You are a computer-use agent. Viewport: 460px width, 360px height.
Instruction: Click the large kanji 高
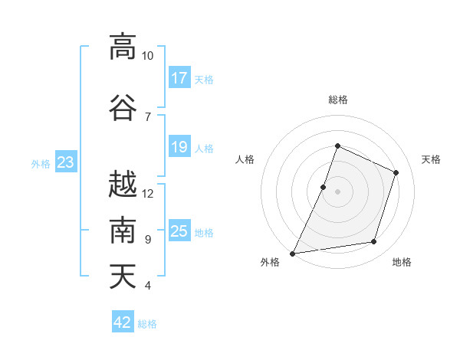coord(123,47)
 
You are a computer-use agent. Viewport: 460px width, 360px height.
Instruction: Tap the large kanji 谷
coord(123,107)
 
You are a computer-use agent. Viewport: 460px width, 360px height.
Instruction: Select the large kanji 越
coord(123,184)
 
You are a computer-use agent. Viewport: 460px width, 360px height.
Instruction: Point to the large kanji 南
coord(123,230)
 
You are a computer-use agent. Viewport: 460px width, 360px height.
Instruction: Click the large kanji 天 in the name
coord(123,276)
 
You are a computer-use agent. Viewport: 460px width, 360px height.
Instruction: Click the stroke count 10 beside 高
coord(147,56)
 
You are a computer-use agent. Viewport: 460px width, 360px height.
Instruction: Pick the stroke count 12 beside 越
coord(147,194)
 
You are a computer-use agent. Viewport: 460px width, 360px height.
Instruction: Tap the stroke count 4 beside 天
coord(148,285)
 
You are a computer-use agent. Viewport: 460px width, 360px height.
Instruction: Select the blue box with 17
coord(179,77)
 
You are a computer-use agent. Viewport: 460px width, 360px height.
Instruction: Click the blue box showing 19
coord(179,146)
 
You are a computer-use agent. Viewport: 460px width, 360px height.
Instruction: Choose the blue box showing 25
coord(179,230)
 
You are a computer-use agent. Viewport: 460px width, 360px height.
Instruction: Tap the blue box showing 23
coord(66,162)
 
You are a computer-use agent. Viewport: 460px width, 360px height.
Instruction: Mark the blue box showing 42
coord(123,321)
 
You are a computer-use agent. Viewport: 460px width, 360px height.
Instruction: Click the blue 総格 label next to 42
coord(147,324)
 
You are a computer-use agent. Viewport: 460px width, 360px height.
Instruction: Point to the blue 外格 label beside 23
coord(41,164)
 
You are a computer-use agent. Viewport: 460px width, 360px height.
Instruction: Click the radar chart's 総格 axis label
coord(338,100)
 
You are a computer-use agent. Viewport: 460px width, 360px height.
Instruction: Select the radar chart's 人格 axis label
coord(245,159)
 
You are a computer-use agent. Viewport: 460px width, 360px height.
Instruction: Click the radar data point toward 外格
coord(292,254)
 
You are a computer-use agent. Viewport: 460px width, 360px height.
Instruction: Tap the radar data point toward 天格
coord(396,172)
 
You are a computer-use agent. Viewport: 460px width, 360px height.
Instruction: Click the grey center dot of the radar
coord(337,191)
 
